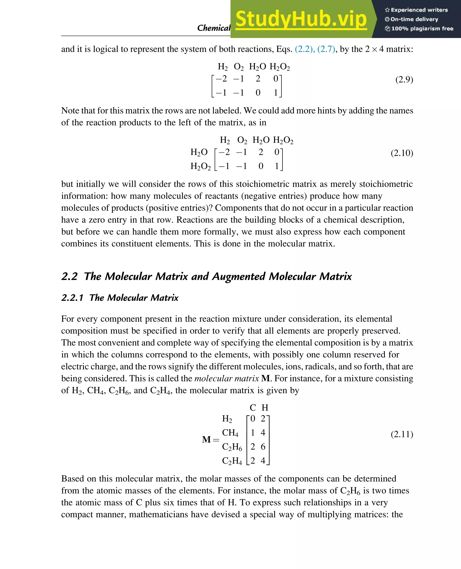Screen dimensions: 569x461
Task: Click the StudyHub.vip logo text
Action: pos(301,19)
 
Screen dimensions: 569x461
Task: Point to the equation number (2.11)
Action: pos(402,434)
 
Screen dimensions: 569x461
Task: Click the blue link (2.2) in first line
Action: pos(305,49)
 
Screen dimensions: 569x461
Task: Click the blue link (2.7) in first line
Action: pos(326,49)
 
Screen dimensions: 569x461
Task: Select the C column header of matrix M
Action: pos(253,407)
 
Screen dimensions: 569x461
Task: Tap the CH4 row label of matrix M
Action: pos(230,433)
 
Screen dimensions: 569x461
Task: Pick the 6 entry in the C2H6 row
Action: pos(263,447)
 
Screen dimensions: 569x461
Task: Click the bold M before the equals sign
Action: pos(206,439)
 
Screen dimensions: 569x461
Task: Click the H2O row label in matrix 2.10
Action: pos(199,152)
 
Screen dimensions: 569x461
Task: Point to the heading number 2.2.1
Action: pos(72,298)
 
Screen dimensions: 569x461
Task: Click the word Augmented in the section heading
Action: pos(238,277)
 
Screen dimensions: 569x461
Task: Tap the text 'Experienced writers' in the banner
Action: pos(419,10)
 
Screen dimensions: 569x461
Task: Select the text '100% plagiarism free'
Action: pos(422,28)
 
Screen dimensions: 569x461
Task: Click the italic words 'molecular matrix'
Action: pos(226,378)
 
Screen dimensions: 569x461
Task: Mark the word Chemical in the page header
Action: pos(213,28)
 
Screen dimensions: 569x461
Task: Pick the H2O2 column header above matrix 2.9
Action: pos(280,67)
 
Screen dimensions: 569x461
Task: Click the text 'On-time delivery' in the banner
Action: pos(414,19)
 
